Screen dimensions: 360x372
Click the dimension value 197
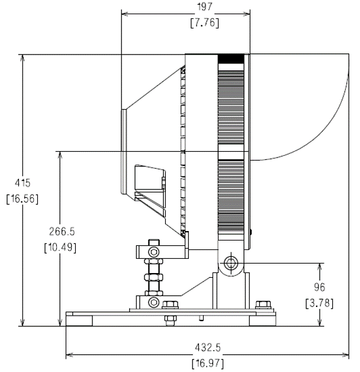(205, 7)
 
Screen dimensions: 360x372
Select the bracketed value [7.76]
(205, 23)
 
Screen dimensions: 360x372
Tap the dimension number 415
(22, 183)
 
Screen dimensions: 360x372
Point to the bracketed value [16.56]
(22, 198)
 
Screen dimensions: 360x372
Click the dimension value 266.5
(62, 231)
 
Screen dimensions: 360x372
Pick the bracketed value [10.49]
(60, 248)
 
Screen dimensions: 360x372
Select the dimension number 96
(320, 287)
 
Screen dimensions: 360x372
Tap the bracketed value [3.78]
(320, 303)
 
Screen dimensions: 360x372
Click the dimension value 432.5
(208, 348)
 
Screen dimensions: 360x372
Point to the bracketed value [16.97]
(208, 363)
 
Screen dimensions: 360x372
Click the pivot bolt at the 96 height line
(230, 263)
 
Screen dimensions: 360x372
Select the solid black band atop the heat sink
(231, 59)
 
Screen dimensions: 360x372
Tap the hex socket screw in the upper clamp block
(154, 252)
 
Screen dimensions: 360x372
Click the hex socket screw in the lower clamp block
(154, 302)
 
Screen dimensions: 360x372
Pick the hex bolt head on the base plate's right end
(263, 305)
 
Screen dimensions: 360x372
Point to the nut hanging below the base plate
(171, 320)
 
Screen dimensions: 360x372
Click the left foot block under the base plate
(79, 320)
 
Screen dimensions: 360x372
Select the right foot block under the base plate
(262, 320)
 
